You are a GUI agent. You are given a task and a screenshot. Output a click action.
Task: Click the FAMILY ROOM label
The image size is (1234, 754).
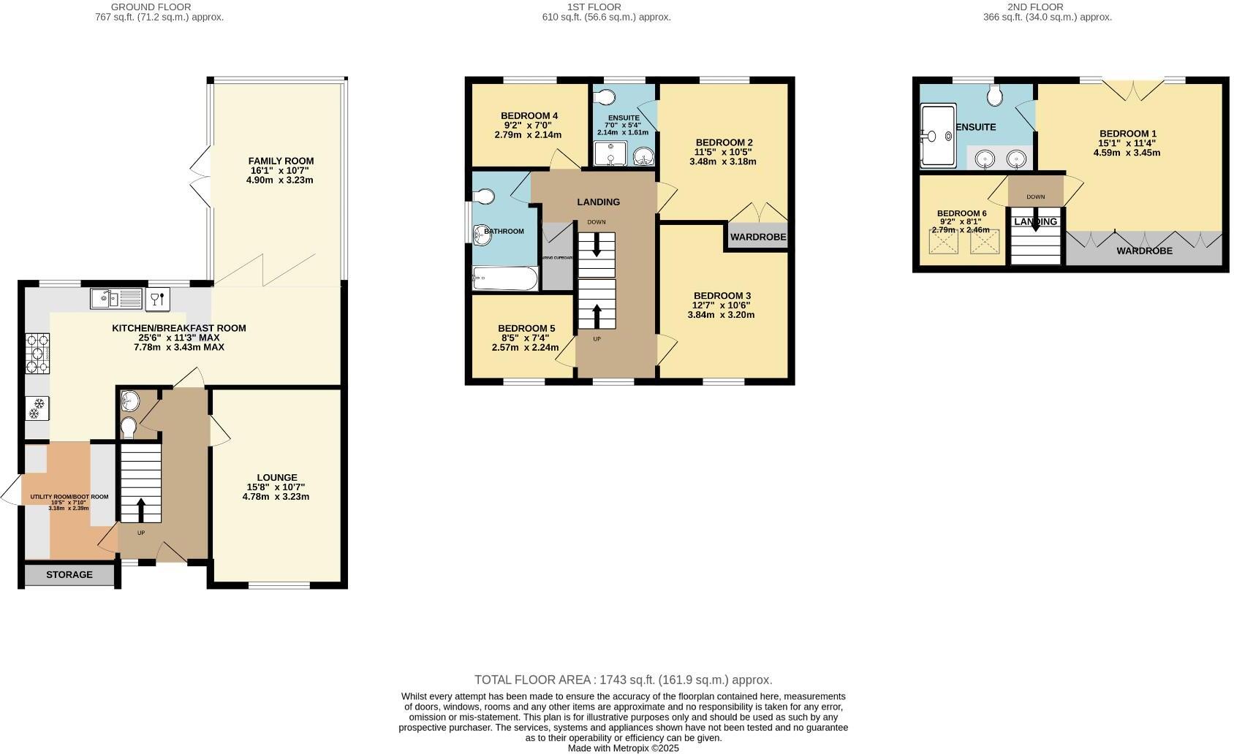click(281, 161)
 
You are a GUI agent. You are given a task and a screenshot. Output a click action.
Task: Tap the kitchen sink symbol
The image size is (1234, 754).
click(116, 299)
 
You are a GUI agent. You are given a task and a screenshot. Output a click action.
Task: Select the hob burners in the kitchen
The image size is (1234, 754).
click(37, 354)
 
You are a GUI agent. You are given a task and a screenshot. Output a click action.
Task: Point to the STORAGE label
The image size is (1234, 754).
click(69, 575)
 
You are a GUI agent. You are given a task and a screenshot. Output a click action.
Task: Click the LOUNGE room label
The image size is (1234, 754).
click(276, 478)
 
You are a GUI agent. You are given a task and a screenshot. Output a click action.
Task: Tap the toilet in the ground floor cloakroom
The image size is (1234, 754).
click(129, 426)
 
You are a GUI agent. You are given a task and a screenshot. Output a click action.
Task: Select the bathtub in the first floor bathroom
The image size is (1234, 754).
click(504, 278)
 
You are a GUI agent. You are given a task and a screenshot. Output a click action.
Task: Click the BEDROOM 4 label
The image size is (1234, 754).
click(529, 115)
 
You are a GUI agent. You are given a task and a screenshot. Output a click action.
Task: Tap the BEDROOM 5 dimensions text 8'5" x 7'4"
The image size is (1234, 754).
click(526, 338)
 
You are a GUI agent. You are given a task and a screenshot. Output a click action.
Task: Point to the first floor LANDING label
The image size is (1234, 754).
click(598, 202)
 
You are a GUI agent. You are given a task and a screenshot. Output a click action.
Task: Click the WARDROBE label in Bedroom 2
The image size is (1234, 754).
click(758, 237)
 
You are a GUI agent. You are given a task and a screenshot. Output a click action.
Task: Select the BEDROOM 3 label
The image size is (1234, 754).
click(722, 296)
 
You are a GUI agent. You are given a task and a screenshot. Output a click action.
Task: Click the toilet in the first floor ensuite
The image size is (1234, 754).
click(604, 97)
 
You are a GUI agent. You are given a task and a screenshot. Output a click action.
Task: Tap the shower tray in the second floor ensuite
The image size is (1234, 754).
click(938, 135)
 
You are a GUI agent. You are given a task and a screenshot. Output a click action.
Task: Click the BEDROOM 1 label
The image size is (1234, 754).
click(1128, 134)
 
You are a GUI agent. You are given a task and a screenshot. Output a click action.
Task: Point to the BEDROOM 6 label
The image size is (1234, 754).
click(961, 213)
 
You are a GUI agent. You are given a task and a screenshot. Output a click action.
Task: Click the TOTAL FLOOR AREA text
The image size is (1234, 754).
click(623, 679)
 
